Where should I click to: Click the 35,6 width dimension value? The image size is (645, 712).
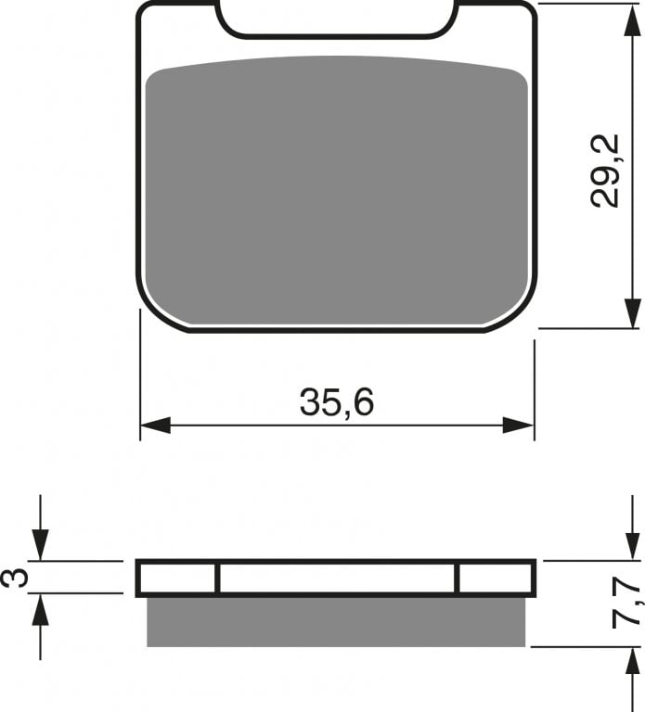coord(336,402)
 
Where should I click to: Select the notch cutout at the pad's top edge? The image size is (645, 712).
coord(337,19)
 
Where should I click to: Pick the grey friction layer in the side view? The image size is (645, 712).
coord(336,620)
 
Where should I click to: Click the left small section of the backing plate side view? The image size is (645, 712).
coord(177,578)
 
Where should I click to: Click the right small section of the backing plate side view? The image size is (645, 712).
coord(496,578)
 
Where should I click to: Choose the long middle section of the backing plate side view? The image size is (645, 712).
coord(337,578)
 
